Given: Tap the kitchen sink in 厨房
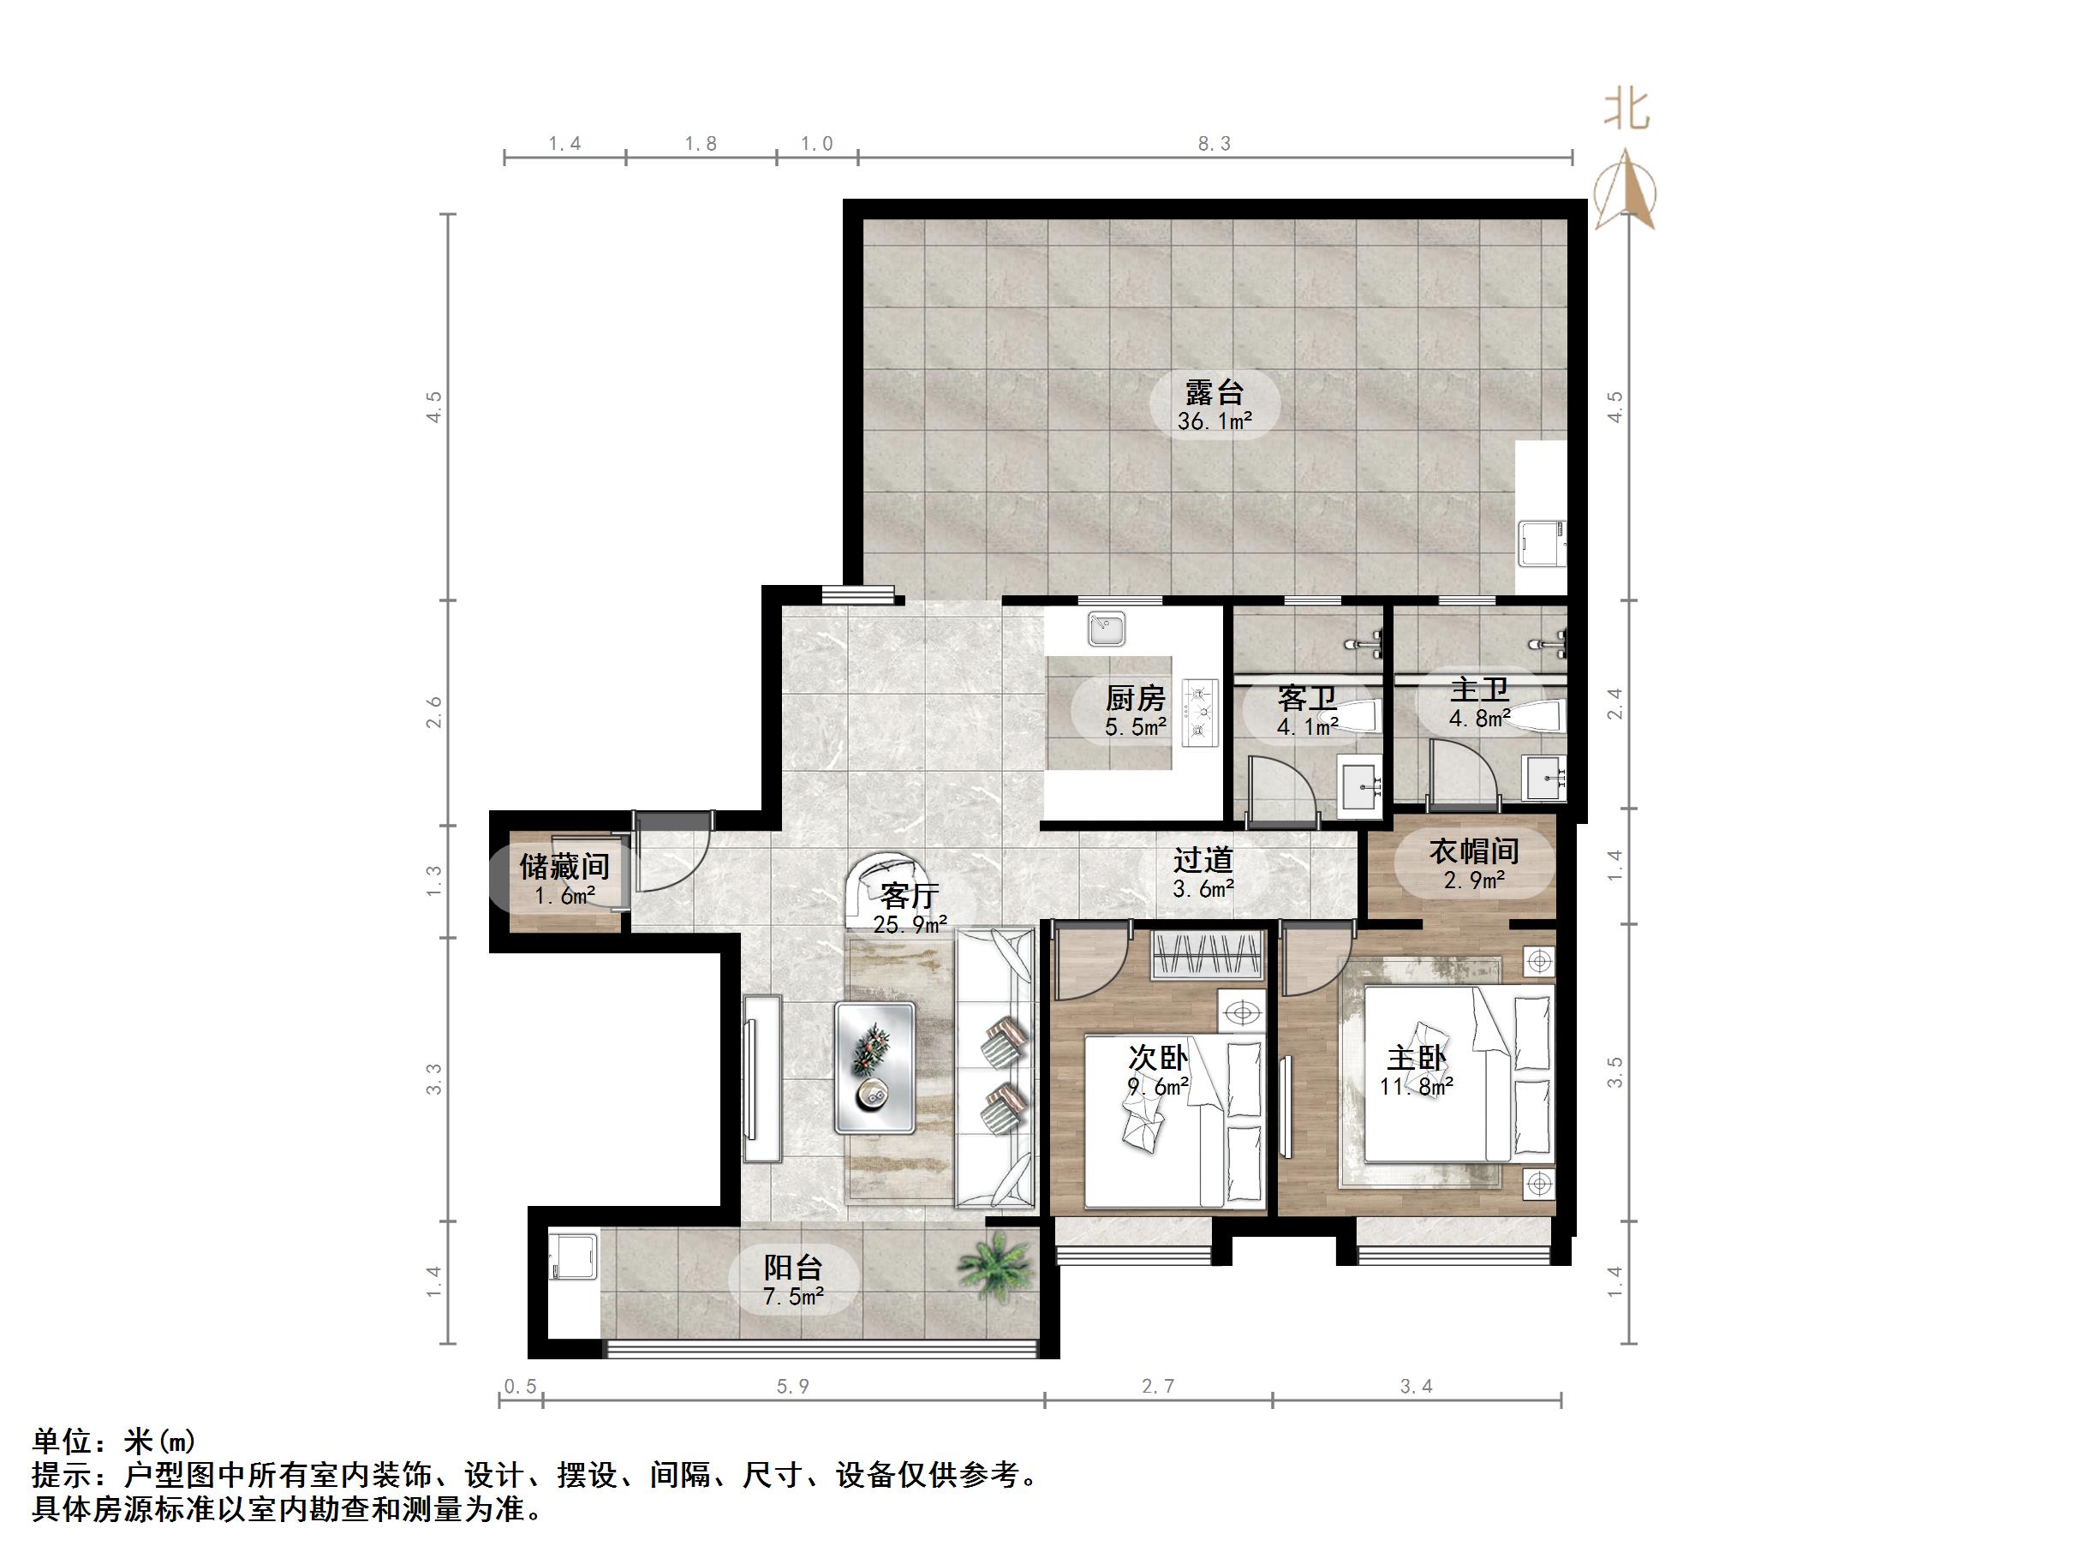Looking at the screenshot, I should click(1107, 630).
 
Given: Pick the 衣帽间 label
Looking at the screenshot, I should click(1473, 851).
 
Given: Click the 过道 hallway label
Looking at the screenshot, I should click(1202, 860).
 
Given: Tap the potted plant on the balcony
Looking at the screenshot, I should click(996, 1264).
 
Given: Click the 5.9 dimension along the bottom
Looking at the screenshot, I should click(792, 1387).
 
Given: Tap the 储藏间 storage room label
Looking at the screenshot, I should click(564, 866).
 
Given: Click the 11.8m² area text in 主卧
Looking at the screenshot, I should click(1416, 1088).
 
